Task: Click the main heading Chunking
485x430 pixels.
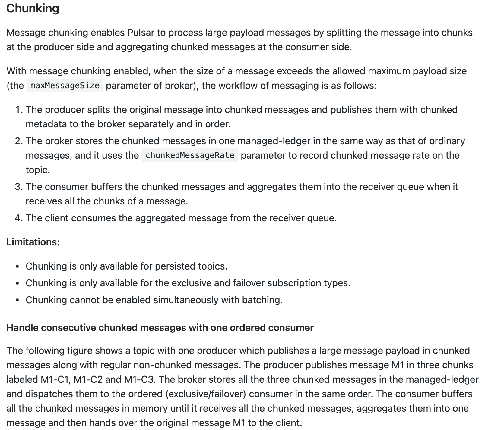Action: tap(33, 8)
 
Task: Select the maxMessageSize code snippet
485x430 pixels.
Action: tap(65, 86)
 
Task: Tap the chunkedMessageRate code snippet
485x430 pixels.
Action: tap(190, 155)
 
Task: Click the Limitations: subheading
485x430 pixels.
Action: tap(33, 242)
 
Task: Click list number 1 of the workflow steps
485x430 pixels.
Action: tap(19, 110)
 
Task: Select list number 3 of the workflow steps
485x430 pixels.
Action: tap(19, 187)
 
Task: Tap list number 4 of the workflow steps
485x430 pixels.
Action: tap(19, 218)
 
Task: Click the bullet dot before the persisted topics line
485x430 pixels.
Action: tap(18, 267)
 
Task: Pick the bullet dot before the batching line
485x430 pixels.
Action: tap(18, 301)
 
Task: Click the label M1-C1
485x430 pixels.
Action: tap(55, 379)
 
